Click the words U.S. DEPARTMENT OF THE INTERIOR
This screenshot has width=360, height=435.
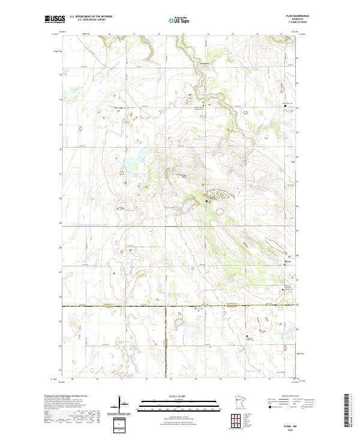coord(90,17)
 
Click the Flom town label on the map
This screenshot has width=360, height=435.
coord(287,260)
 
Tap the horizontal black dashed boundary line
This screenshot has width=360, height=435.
coord(120,305)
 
